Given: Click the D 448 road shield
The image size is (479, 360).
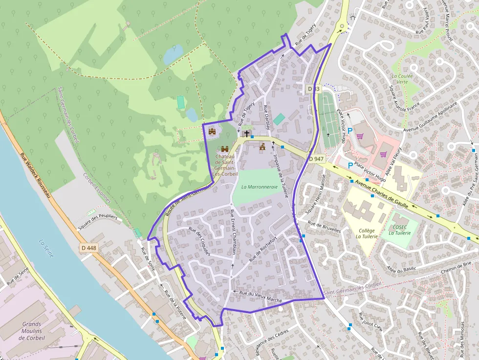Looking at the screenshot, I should [x=89, y=248].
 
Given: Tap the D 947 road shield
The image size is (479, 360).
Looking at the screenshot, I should [x=317, y=159].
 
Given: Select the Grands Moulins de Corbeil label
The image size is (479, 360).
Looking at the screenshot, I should [x=31, y=331].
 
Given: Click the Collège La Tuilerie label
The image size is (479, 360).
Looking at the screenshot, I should [x=367, y=233].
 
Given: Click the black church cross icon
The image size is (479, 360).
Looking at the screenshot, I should [x=247, y=133].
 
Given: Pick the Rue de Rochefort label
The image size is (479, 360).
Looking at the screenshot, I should [x=263, y=249].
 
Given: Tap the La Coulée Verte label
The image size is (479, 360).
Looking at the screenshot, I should [x=402, y=79].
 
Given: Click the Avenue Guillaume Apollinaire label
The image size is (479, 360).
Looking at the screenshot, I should [x=431, y=117].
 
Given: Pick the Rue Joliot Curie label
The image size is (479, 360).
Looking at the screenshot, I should [x=370, y=322].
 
